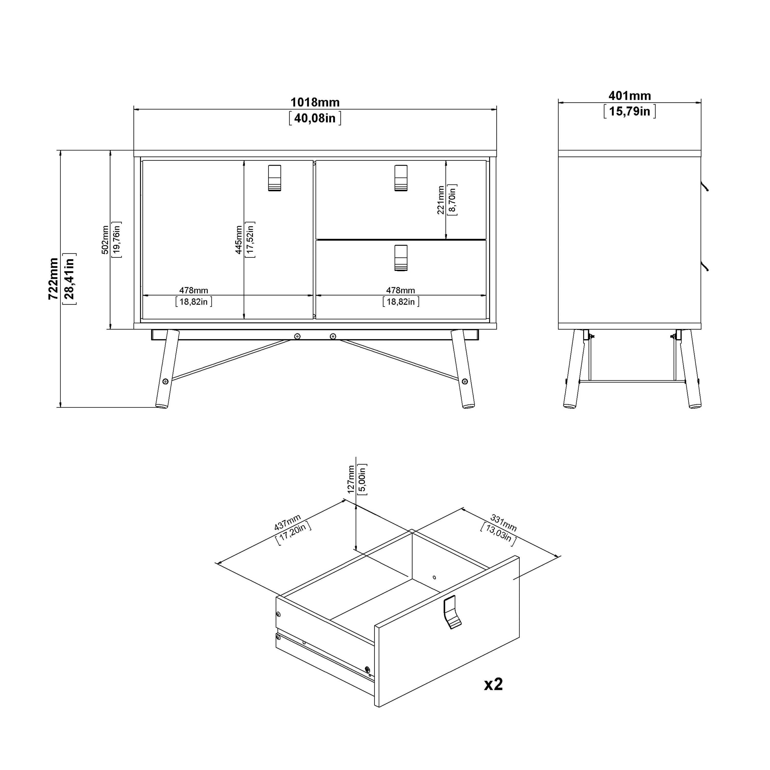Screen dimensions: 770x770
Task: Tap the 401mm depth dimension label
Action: pos(629,96)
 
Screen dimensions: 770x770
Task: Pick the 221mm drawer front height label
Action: pos(440,200)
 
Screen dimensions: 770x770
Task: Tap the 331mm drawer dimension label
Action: pos(503,523)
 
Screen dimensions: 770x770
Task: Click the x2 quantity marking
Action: pos(493,684)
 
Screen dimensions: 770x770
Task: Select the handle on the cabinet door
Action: pos(275,178)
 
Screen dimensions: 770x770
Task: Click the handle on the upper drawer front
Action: pos(401,178)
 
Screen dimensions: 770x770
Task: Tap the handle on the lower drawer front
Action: pos(401,258)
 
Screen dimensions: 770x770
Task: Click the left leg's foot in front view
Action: pos(161,406)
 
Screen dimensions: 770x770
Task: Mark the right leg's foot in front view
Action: pos(468,406)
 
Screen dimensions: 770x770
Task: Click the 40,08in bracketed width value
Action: pos(315,118)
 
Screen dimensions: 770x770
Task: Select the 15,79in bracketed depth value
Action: pos(629,111)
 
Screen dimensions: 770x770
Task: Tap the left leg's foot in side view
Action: pos(570,406)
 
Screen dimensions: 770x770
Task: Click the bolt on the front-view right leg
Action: pos(465,381)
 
